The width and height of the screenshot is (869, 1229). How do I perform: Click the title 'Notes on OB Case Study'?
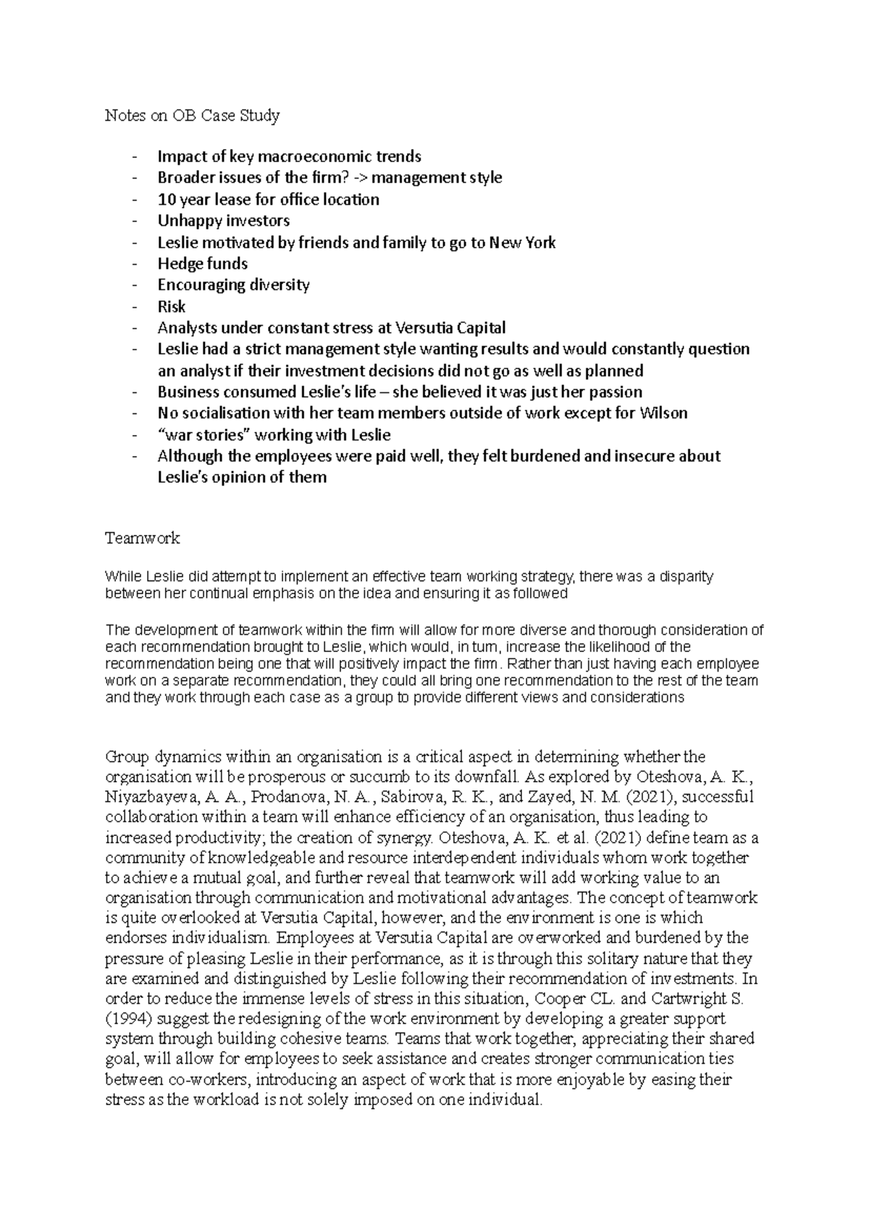192,116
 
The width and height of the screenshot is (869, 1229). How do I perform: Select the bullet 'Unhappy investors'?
223,221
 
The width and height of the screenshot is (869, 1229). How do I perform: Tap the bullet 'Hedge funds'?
202,263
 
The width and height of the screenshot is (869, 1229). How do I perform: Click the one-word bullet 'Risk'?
171,306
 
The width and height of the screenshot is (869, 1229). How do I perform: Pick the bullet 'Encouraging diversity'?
233,285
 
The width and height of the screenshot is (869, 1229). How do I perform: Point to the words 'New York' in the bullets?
522,242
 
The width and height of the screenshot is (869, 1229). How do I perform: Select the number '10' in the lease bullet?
166,200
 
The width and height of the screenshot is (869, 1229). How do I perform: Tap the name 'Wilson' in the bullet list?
663,413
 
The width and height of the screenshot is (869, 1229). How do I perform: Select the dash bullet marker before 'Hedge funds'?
135,264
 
